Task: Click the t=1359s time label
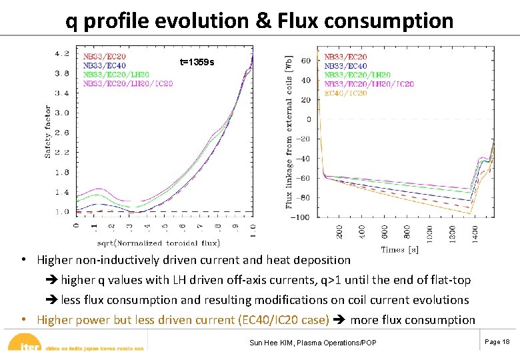(197, 62)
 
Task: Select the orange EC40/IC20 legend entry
(345, 93)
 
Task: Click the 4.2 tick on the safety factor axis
(62, 53)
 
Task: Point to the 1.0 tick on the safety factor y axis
(62, 212)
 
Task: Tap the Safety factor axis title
(48, 131)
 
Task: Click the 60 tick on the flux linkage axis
(306, 61)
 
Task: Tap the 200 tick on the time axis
(340, 231)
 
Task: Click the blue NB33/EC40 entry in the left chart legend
(104, 65)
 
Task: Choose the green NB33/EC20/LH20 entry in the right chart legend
(357, 75)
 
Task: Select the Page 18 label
(497, 341)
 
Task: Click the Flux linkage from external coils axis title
(289, 131)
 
